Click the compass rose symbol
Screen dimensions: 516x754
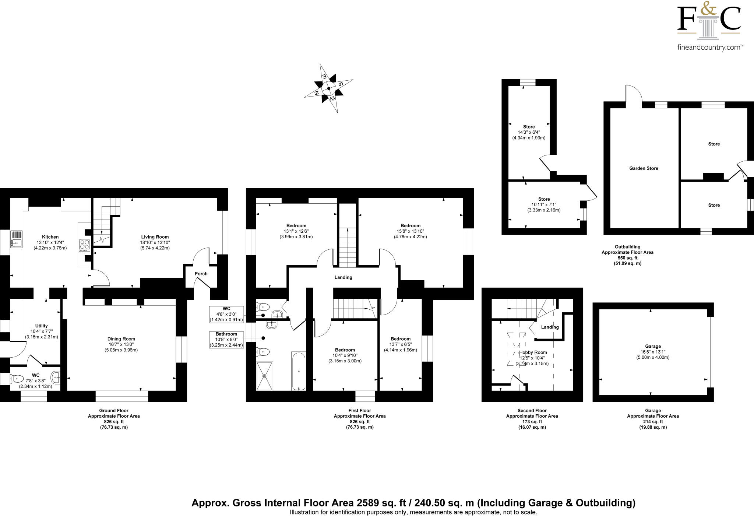point(328,88)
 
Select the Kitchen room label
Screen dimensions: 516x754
point(50,237)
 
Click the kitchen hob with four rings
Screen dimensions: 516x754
point(84,245)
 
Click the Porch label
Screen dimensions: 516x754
point(201,274)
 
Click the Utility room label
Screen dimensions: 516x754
point(41,326)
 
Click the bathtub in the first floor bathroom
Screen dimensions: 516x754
point(299,371)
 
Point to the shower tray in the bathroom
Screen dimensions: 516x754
point(265,375)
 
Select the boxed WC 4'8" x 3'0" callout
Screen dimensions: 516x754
point(226,314)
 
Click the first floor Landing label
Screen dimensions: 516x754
point(343,277)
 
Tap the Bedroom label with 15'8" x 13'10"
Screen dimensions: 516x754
point(410,225)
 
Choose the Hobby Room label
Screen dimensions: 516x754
point(533,352)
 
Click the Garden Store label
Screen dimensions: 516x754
point(644,168)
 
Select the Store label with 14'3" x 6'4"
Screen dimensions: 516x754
point(529,127)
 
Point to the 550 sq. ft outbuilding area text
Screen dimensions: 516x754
point(627,258)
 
